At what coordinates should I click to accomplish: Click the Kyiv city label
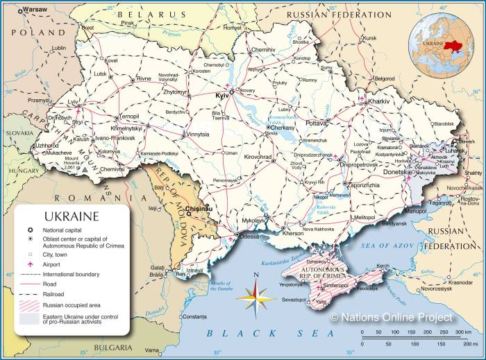point(222,94)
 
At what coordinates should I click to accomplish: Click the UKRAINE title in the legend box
point(72,216)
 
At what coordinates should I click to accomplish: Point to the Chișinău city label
point(199,208)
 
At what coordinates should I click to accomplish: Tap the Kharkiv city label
point(380,101)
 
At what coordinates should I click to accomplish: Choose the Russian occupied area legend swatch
point(30,304)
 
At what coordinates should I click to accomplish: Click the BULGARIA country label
point(109,347)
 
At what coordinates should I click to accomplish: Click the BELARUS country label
point(152,14)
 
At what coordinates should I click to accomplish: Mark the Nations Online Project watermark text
point(391,317)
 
